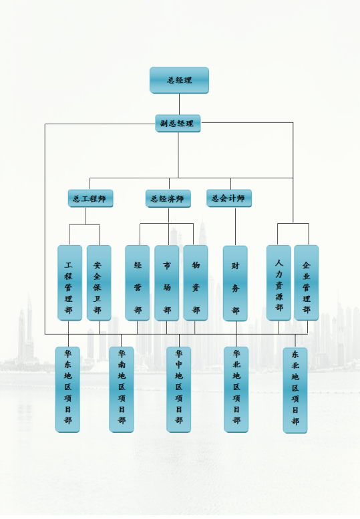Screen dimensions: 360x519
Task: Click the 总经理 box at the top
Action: tap(179, 80)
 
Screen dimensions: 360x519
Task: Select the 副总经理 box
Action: tap(178, 124)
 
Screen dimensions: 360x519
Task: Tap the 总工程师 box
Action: tap(90, 198)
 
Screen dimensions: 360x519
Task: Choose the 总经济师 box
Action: tap(168, 198)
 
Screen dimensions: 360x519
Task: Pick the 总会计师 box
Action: tap(229, 198)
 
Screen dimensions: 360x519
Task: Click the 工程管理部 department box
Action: tap(70, 283)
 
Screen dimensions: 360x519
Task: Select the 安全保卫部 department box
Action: tap(99, 283)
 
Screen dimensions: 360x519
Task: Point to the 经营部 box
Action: tap(138, 283)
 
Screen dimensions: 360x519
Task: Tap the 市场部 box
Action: tap(167, 283)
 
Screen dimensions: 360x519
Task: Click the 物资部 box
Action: tap(196, 283)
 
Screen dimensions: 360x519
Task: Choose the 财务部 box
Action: tap(235, 283)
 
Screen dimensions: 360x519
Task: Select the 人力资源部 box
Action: tap(279, 283)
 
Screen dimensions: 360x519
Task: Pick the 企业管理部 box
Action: tap(307, 283)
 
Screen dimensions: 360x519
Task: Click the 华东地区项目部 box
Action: tap(67, 389)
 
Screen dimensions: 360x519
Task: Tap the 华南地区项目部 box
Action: tap(122, 389)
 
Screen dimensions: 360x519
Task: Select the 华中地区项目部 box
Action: tap(179, 389)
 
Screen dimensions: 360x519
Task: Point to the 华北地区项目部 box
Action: tap(236, 389)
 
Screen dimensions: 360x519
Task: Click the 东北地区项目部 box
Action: tap(295, 390)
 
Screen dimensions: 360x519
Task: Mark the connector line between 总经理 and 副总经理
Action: tap(180, 104)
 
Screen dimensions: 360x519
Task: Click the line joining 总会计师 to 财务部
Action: tap(236, 226)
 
